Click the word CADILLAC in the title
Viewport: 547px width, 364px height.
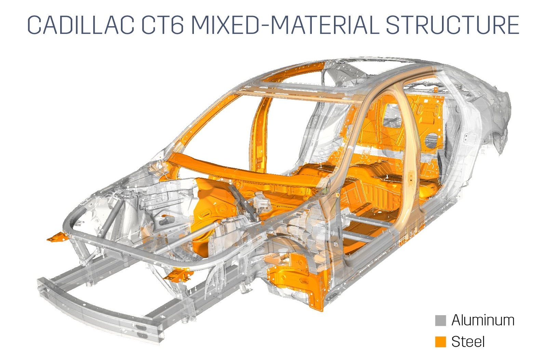pyautogui.click(x=81, y=25)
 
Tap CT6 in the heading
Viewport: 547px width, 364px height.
pyautogui.click(x=162, y=25)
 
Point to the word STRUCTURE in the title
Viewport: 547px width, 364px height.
pyautogui.click(x=453, y=25)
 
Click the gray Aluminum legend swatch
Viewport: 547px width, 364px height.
pyautogui.click(x=441, y=320)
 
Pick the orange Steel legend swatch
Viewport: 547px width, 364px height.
pyautogui.click(x=441, y=341)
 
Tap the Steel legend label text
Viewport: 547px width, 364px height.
pyautogui.click(x=468, y=341)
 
